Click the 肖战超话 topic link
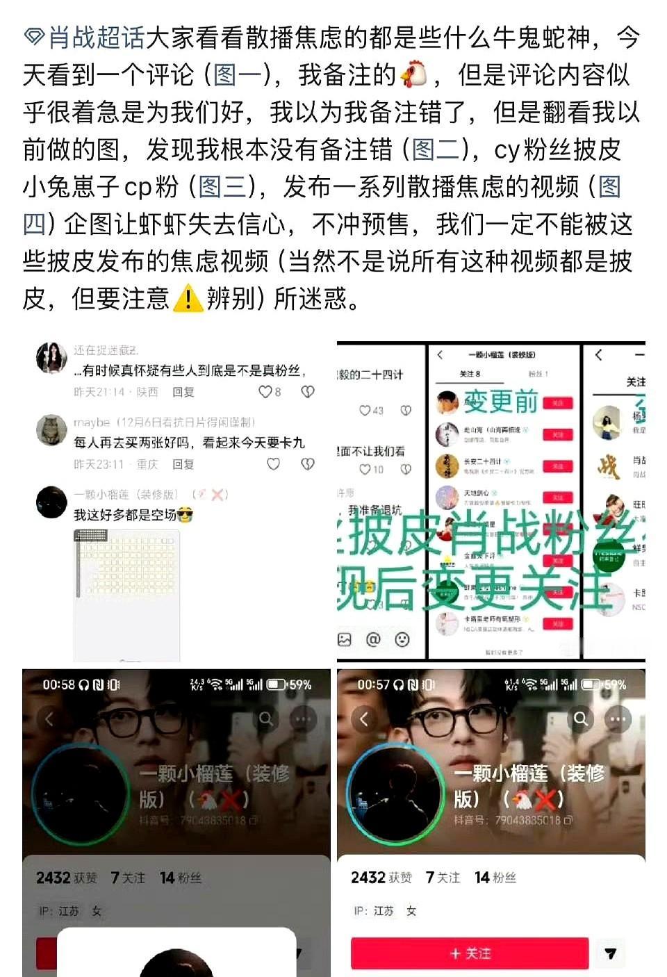coord(96,38)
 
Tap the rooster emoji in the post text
coord(414,74)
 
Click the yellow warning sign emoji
coord(187,299)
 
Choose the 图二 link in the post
coord(436,149)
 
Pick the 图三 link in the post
coord(222,187)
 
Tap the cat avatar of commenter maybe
coord(51,430)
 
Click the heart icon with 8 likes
coord(265,392)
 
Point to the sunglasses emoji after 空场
coord(185,515)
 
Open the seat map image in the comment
coord(126,594)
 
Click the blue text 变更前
coord(502,401)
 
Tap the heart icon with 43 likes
coord(365,411)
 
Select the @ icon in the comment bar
coord(373,639)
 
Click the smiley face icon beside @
coord(402,639)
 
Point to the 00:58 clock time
coord(58,684)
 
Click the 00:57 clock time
coord(373,684)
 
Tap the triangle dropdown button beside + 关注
coord(610,953)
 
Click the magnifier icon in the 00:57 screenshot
coord(581,719)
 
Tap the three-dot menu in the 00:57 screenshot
coord(618,719)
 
